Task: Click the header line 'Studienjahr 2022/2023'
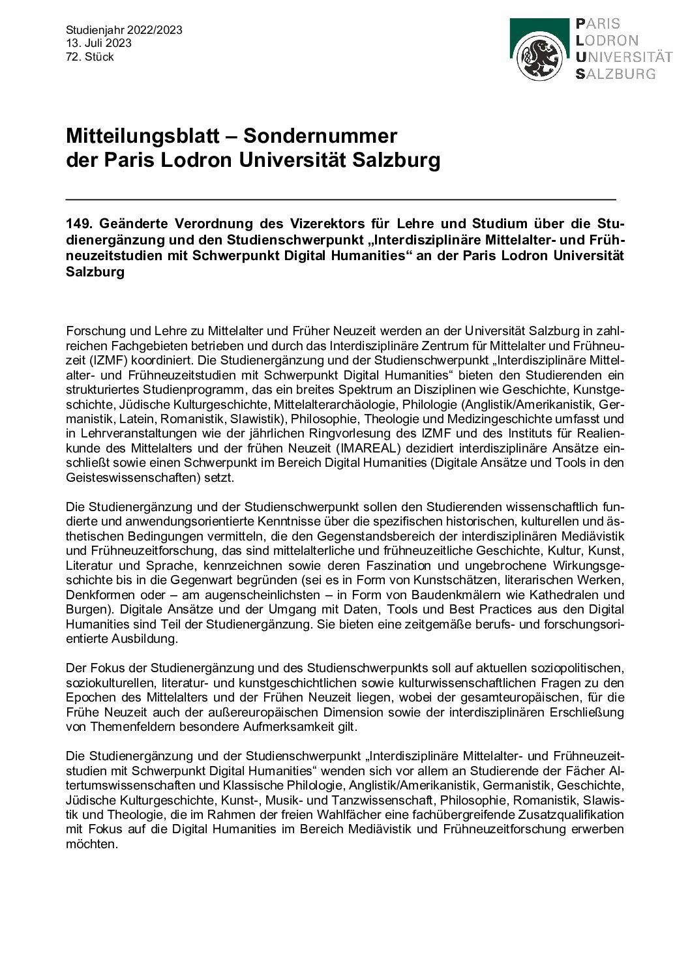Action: pos(124,30)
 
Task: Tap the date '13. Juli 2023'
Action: pos(98,44)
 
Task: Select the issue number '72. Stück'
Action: pos(90,57)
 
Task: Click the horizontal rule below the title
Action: pos(340,198)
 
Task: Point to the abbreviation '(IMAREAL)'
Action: pos(363,448)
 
